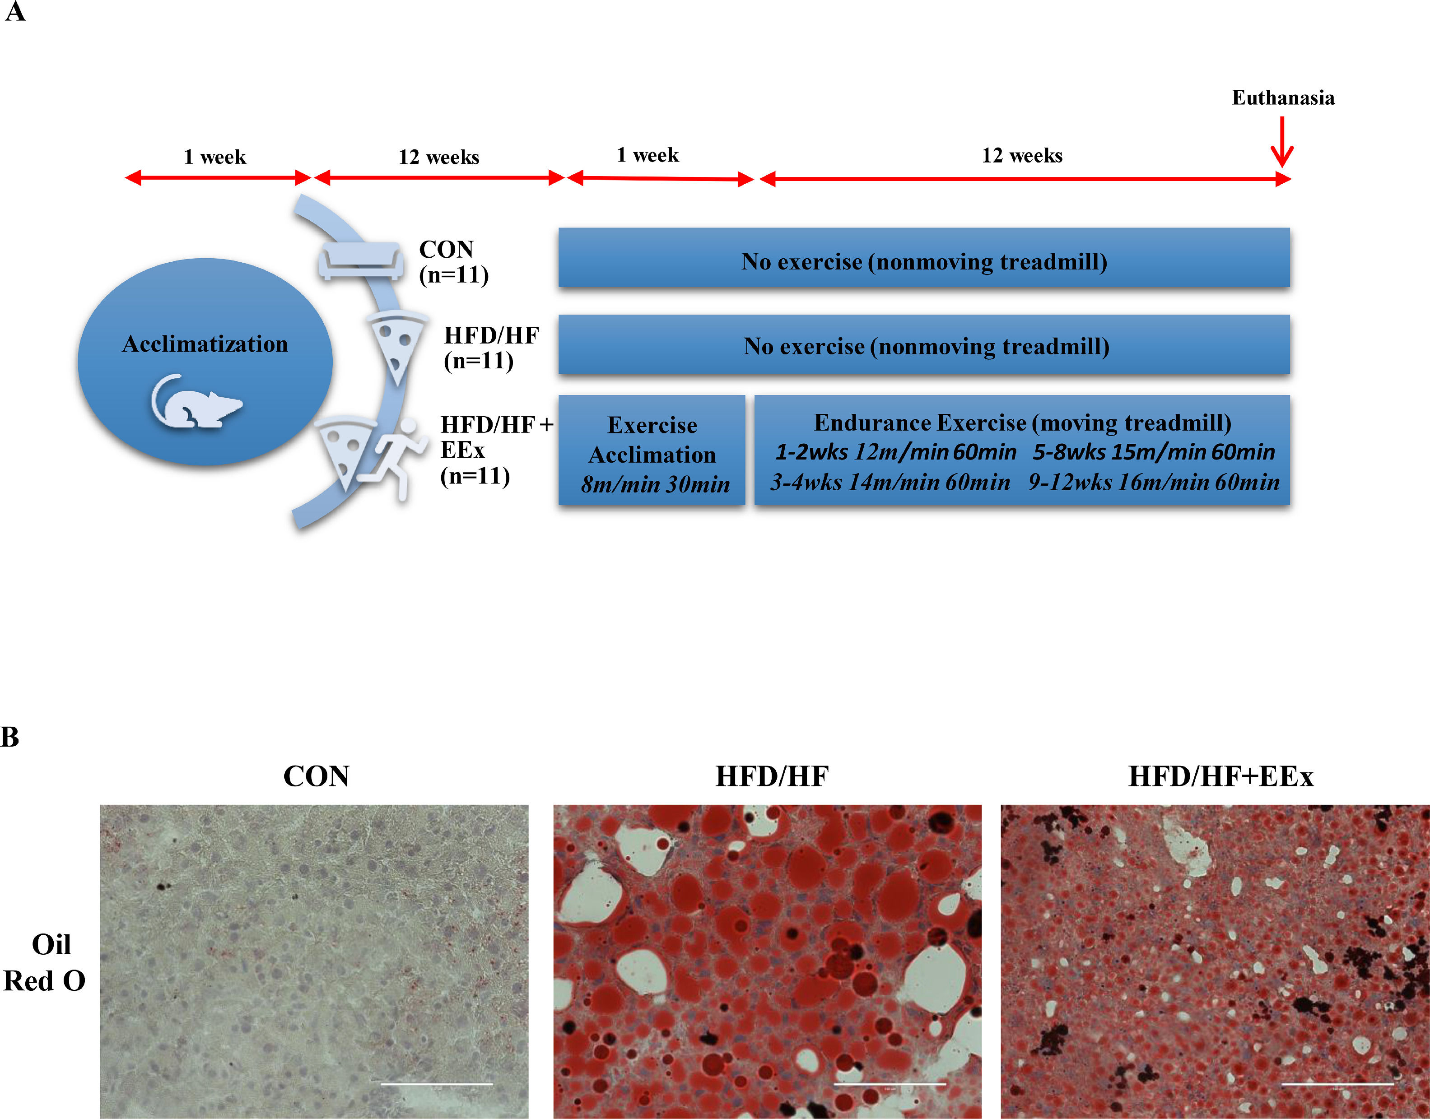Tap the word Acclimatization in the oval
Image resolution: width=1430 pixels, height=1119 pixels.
pyautogui.click(x=205, y=344)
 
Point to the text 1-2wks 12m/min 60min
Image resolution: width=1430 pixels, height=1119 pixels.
pyautogui.click(x=895, y=452)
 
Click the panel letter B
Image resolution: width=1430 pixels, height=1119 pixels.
pyautogui.click(x=10, y=737)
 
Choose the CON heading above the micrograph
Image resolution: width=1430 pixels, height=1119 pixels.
pyautogui.click(x=316, y=776)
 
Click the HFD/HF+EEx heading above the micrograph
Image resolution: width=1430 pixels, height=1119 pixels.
pyautogui.click(x=1220, y=776)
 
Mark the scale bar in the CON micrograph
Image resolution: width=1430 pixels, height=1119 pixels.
pyautogui.click(x=437, y=1084)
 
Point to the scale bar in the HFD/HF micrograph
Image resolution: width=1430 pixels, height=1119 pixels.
pyautogui.click(x=890, y=1084)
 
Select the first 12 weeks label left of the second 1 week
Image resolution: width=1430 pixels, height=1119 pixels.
pyautogui.click(x=438, y=157)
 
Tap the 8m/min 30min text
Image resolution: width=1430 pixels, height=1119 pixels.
pyautogui.click(x=655, y=485)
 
